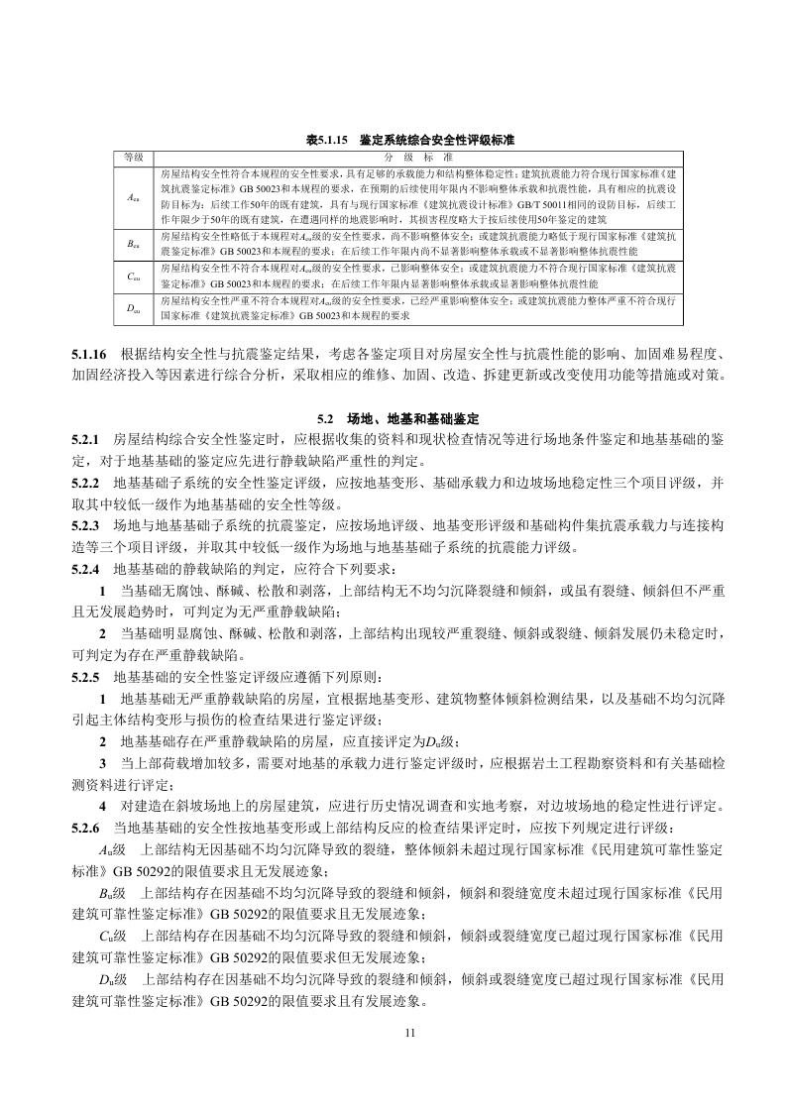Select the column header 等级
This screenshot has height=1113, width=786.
coord(133,158)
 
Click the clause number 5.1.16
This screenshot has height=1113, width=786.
coord(90,356)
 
